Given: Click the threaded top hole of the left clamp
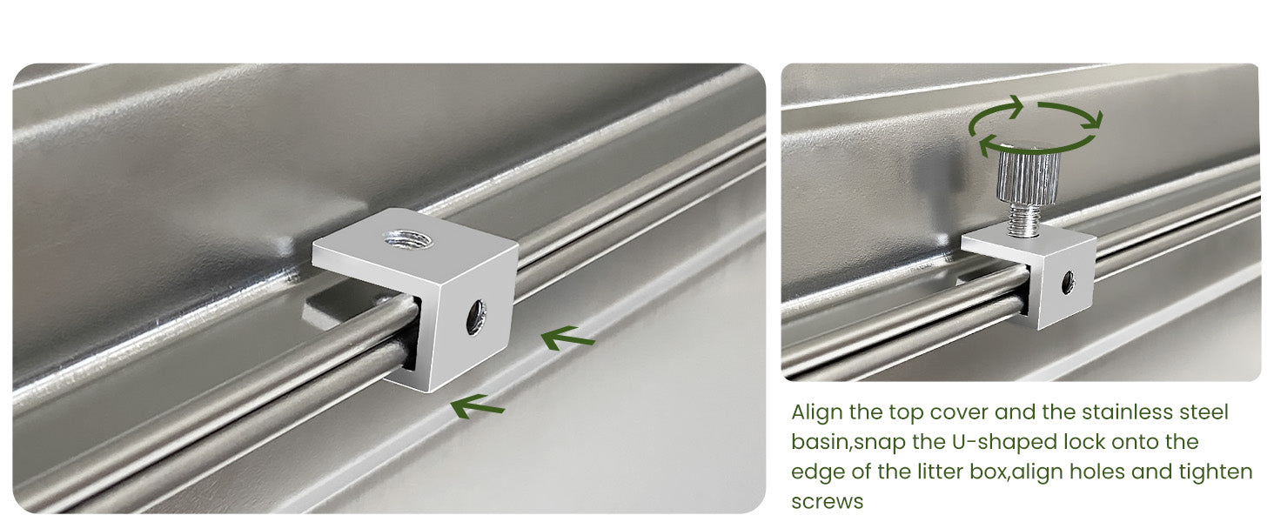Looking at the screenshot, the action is click(408, 238).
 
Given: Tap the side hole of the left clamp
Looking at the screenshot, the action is click(476, 317).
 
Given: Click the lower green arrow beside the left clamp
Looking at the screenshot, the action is click(477, 405).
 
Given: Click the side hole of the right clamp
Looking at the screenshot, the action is click(1068, 283).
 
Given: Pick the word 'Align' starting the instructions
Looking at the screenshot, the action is click(817, 412).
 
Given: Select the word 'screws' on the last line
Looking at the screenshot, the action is click(827, 502).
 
